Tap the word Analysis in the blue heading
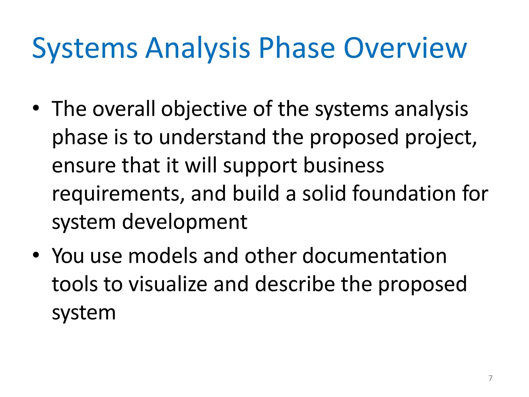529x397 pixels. point(198,48)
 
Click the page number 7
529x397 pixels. point(491,378)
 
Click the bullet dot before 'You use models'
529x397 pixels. point(36,255)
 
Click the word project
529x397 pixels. point(440,137)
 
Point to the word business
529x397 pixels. point(344,165)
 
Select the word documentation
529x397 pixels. point(375,256)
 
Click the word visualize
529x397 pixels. point(168,284)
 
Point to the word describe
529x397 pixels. point(295,284)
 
